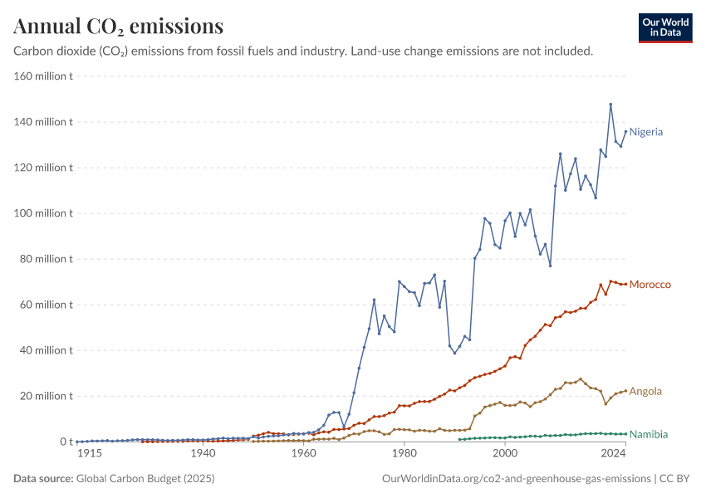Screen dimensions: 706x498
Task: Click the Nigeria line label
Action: (x=645, y=132)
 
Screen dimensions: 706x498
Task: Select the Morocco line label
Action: (x=650, y=285)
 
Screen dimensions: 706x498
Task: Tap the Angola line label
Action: (x=645, y=392)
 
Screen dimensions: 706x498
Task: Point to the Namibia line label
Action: (x=649, y=434)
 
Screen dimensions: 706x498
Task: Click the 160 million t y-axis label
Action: (x=43, y=76)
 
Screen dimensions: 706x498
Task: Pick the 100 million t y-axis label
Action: (x=43, y=213)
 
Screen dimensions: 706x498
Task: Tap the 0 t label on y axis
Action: (x=66, y=442)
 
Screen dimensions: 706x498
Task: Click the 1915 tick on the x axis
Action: (x=90, y=453)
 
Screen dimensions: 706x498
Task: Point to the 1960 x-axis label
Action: (x=304, y=453)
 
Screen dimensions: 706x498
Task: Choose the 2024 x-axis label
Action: (x=613, y=453)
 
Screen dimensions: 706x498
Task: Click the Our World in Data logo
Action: (x=665, y=28)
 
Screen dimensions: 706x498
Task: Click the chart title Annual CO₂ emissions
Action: (x=119, y=26)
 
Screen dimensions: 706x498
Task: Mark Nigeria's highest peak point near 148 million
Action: (x=610, y=105)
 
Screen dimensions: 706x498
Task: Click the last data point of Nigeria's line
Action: (x=625, y=132)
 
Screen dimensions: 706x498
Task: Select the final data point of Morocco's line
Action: (x=625, y=285)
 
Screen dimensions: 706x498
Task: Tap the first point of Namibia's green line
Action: (x=459, y=440)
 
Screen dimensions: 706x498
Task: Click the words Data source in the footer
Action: (x=43, y=478)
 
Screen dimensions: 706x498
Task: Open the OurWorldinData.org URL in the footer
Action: (x=517, y=479)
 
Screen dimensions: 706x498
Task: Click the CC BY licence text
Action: (x=674, y=478)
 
